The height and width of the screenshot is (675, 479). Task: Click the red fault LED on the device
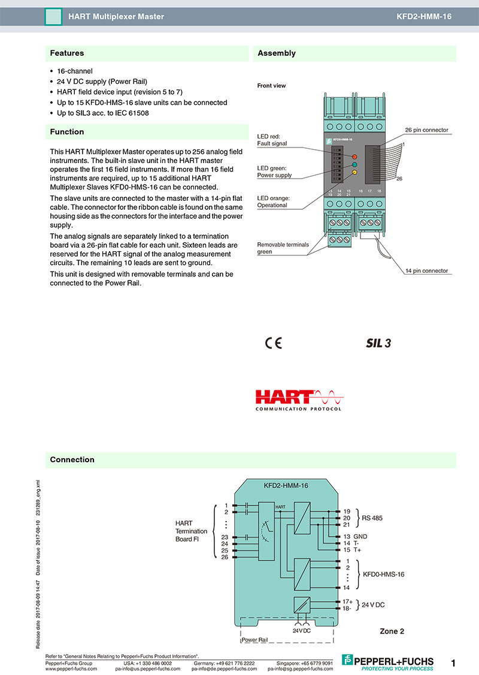(x=354, y=156)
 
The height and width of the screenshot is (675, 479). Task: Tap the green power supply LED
(x=354, y=164)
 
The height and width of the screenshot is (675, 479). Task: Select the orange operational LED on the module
(x=354, y=173)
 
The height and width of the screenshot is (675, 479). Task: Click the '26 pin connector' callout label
(x=426, y=130)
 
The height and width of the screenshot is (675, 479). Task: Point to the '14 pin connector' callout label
(x=426, y=271)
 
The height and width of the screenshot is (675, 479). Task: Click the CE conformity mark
(x=273, y=343)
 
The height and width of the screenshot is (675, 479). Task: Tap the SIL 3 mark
(x=378, y=343)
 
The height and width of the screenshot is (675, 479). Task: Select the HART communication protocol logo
(x=298, y=400)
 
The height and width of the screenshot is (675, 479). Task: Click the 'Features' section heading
(x=67, y=53)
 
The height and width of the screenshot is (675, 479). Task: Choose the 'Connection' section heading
(x=72, y=460)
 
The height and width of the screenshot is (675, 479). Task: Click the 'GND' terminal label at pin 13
(x=360, y=537)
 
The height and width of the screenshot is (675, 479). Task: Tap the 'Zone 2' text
(x=392, y=631)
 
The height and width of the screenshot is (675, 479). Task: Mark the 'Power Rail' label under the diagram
(x=254, y=640)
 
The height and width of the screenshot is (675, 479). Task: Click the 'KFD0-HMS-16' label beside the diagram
(x=384, y=574)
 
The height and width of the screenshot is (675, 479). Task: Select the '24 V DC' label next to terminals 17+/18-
(x=373, y=605)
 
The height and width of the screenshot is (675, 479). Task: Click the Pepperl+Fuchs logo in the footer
(x=387, y=661)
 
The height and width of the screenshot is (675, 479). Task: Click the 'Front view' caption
(x=271, y=86)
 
